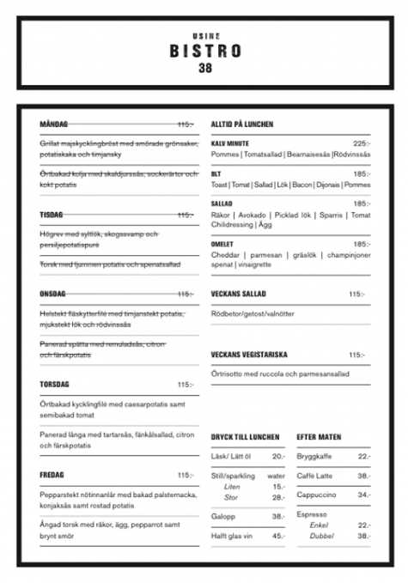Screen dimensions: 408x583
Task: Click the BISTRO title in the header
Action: point(204,51)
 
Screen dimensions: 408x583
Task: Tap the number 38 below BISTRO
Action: point(204,68)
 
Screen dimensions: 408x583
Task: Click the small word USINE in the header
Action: point(204,35)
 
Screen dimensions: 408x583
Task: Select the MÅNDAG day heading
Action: point(54,124)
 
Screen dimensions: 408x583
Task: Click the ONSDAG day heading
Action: point(53,294)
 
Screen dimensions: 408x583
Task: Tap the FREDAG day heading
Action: point(52,475)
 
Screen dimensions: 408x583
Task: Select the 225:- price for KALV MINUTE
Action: point(361,143)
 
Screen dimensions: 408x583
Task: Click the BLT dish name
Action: point(216,173)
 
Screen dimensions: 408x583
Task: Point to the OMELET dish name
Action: point(222,244)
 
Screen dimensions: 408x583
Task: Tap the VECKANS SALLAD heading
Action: point(239,294)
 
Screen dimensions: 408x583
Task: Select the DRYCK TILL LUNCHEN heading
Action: point(246,437)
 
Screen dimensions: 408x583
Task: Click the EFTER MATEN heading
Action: point(319,437)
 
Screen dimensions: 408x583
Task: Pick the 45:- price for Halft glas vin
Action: point(278,536)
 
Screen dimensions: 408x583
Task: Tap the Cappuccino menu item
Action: point(315,495)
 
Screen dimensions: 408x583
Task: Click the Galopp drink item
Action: point(222,517)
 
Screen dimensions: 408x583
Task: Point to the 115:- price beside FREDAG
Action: point(186,475)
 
